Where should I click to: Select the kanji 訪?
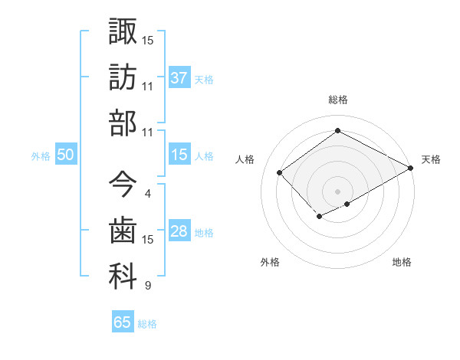tap(123, 77)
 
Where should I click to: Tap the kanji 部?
tap(123, 123)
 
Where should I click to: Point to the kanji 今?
tap(123, 184)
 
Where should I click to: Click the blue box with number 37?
tap(179, 77)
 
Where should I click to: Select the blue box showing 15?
tap(179, 155)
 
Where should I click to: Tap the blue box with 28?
tap(179, 232)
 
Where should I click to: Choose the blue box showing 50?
tap(65, 155)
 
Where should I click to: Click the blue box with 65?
tap(122, 322)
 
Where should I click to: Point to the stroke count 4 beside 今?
tap(147, 194)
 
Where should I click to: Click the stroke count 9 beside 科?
tap(147, 286)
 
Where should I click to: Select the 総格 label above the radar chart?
tap(337, 100)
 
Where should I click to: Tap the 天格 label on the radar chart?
tap(431, 159)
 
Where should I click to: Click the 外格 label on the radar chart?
tap(269, 263)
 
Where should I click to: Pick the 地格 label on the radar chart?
tap(402, 263)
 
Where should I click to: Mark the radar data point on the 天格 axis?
tap(412, 168)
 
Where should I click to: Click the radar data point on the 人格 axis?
tap(280, 172)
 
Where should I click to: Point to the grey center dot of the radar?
tap(337, 191)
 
